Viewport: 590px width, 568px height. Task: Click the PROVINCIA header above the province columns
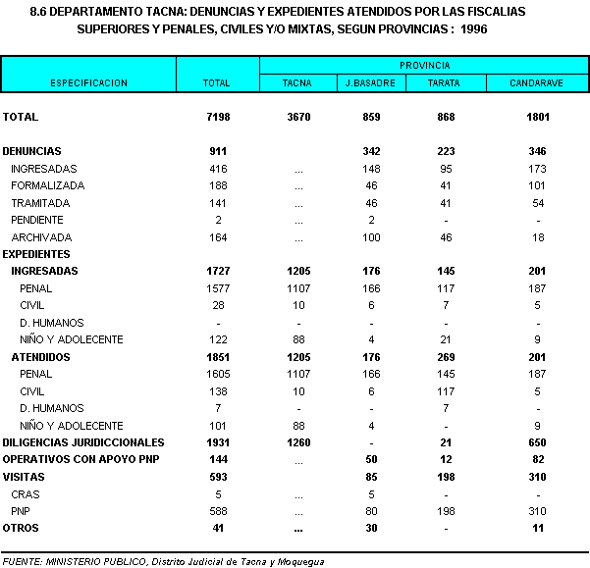pos(424,65)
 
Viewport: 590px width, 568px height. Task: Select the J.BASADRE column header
pos(369,83)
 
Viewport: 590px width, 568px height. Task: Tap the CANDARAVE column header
pos(536,83)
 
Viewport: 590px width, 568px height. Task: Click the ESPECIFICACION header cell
pos(89,83)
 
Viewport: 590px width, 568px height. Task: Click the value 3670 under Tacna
pos(297,117)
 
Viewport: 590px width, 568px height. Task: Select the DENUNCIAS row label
pos(32,151)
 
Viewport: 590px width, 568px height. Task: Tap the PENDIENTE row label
pos(37,220)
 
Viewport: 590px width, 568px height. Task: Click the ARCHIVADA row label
pos(40,236)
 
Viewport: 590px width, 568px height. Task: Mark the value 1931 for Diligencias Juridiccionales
pos(216,442)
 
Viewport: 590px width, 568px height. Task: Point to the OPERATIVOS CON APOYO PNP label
pos(67,459)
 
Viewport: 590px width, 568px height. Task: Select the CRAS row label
pos(25,493)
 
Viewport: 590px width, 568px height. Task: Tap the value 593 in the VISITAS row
pos(216,477)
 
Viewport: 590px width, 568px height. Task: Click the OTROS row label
pos(21,528)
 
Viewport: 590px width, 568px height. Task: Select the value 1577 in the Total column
pos(216,287)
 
